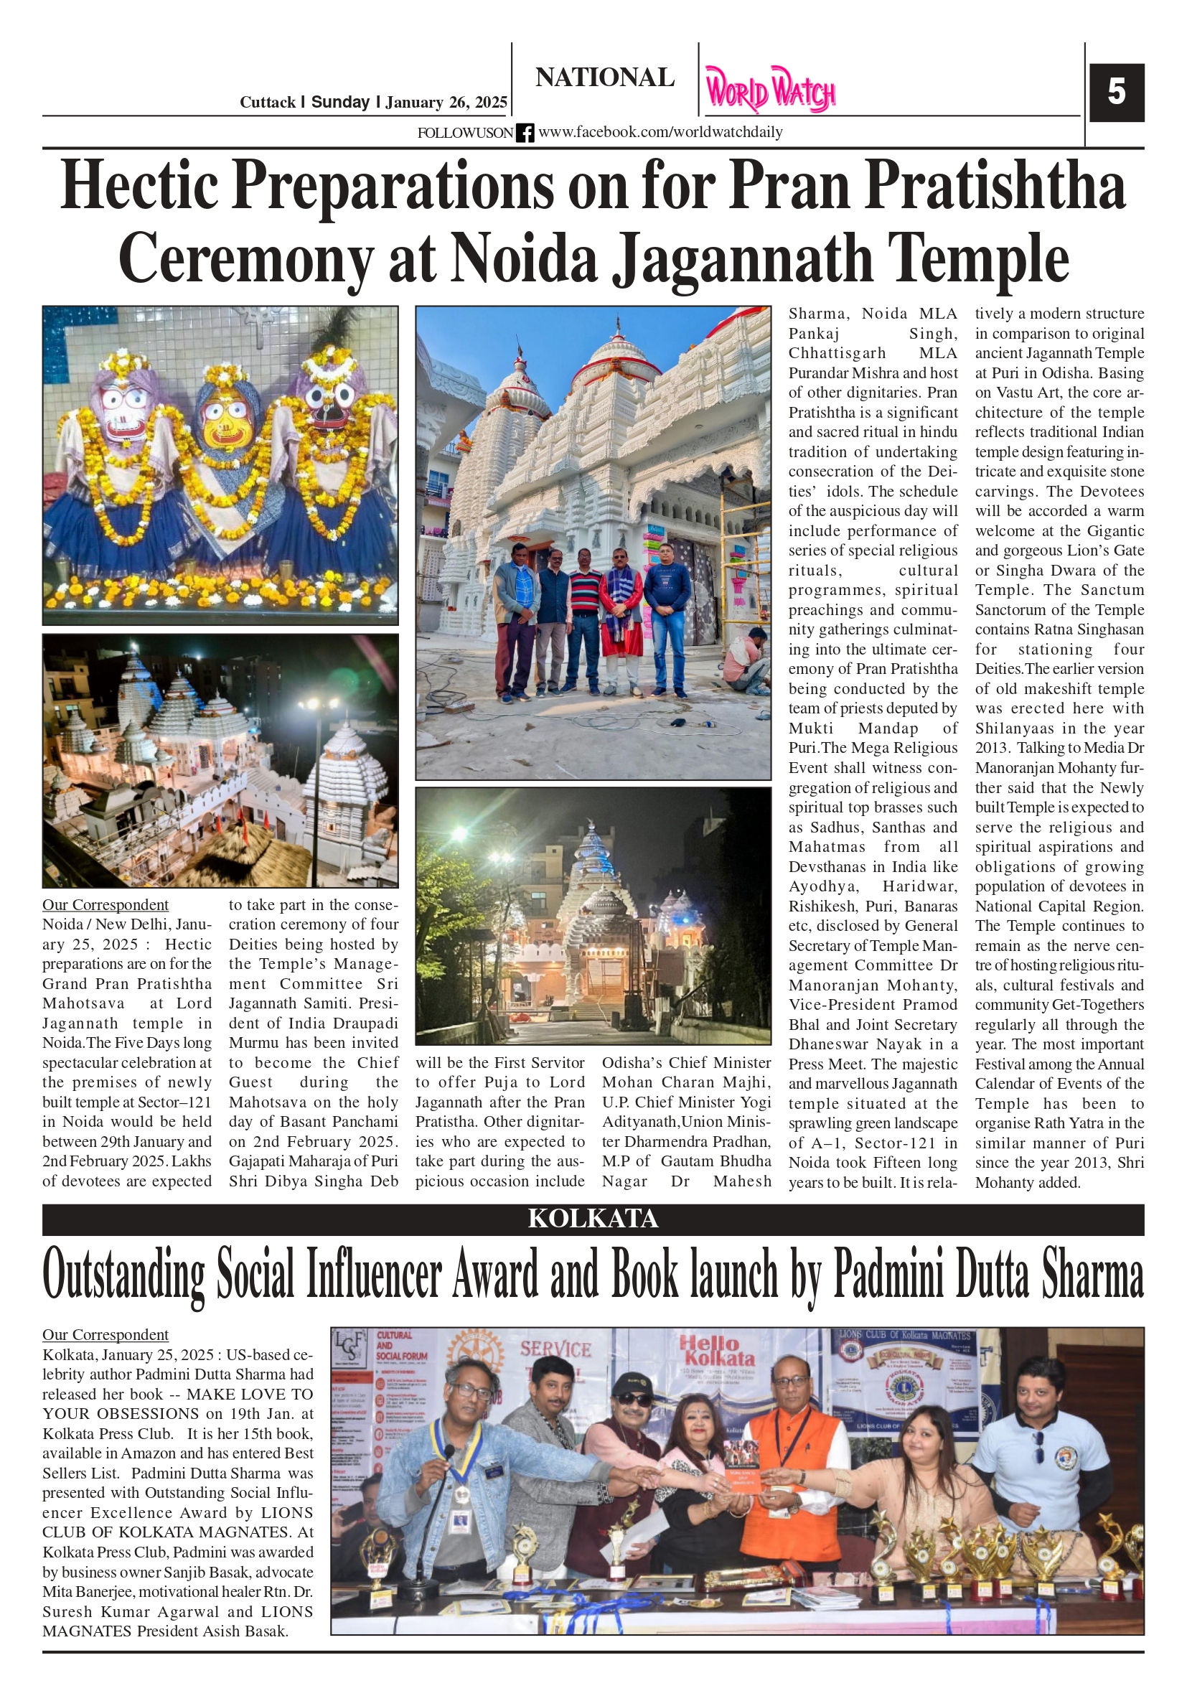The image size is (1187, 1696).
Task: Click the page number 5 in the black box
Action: (x=1116, y=93)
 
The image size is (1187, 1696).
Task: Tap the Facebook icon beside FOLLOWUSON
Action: (x=525, y=133)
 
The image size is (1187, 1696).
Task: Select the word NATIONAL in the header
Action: (x=604, y=78)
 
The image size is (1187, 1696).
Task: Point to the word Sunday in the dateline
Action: (x=339, y=103)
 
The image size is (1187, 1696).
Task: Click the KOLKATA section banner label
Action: (x=592, y=1219)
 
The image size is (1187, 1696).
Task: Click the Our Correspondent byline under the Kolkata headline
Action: (x=105, y=1335)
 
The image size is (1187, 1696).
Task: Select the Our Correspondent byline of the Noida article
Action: (x=105, y=905)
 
